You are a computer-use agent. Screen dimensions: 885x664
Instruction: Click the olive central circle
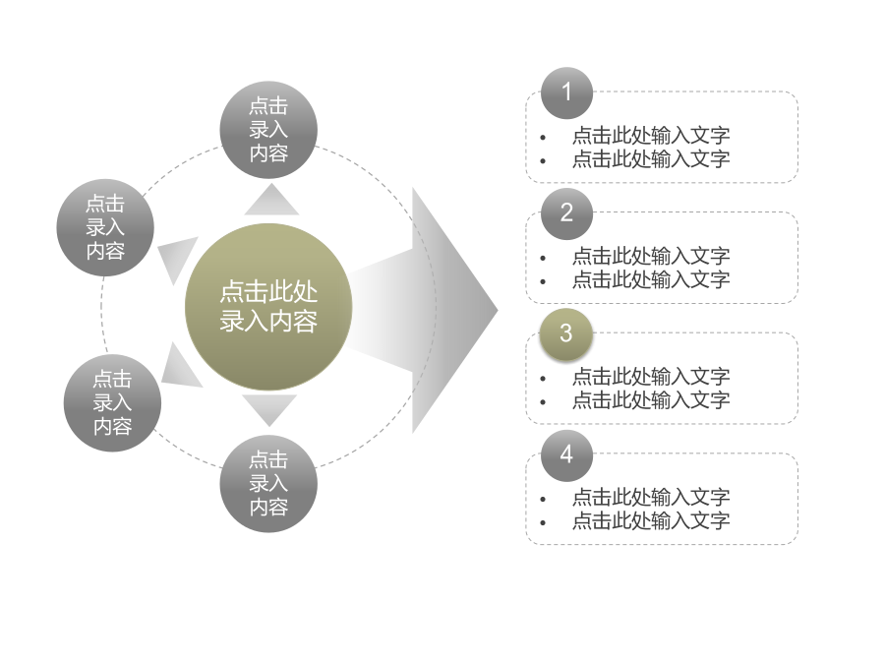pyautogui.click(x=268, y=307)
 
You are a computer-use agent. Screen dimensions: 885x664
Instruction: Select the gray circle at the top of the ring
pyautogui.click(x=268, y=130)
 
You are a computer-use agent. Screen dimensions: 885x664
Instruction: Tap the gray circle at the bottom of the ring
pyautogui.click(x=268, y=484)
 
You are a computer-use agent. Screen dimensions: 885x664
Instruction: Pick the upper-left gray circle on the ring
pyautogui.click(x=105, y=227)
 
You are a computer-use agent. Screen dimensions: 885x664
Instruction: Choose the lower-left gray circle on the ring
pyautogui.click(x=112, y=402)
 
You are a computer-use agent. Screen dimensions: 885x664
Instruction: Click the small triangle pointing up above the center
pyautogui.click(x=271, y=200)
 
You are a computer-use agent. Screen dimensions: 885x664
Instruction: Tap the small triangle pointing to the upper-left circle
pyautogui.click(x=176, y=257)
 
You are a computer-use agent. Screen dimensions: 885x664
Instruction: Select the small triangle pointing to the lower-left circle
pyautogui.click(x=180, y=367)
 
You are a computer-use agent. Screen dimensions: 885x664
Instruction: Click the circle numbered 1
pyautogui.click(x=566, y=93)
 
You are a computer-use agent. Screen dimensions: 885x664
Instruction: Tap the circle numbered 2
pyautogui.click(x=566, y=213)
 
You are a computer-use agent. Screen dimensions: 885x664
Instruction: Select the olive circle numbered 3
pyautogui.click(x=566, y=334)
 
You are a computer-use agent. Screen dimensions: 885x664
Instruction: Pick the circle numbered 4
pyautogui.click(x=566, y=455)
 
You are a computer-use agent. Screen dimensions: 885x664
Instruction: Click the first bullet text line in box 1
pyautogui.click(x=651, y=136)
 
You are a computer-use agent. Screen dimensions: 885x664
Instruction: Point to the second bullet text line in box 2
pyautogui.click(x=651, y=279)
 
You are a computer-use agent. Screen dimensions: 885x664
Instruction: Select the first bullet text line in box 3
pyautogui.click(x=651, y=377)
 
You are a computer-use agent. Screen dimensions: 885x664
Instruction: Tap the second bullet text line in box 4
pyautogui.click(x=651, y=520)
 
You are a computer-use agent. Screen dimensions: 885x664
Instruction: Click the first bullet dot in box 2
pyautogui.click(x=543, y=258)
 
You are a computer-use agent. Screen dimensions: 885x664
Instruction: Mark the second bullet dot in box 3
pyautogui.click(x=543, y=402)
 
